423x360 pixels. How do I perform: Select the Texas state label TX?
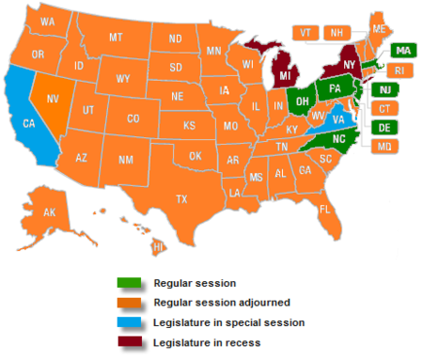pyautogui.click(x=181, y=199)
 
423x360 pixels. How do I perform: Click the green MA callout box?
pyautogui.click(x=402, y=50)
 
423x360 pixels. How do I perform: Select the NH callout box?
pyautogui.click(x=335, y=32)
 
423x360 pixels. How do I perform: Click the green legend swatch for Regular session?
pyautogui.click(x=128, y=282)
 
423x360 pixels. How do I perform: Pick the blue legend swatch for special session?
pyautogui.click(x=128, y=322)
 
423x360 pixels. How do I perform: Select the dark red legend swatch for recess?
pyautogui.click(x=128, y=342)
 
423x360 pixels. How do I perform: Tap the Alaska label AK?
pyautogui.click(x=50, y=212)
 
